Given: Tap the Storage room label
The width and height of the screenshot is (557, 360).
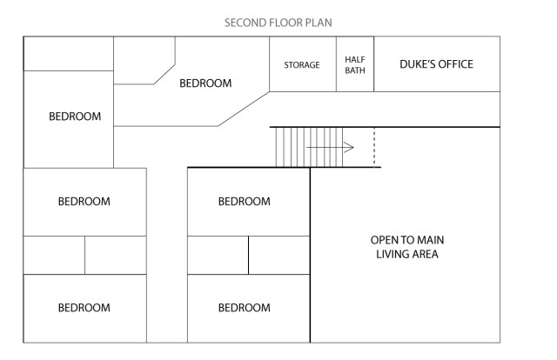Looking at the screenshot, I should (x=302, y=65).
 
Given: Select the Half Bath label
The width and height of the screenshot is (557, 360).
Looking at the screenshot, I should (x=354, y=65).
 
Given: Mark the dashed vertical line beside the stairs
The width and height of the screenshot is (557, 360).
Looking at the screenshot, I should (x=374, y=146).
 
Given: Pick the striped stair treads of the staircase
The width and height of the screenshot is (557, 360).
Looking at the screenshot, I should (x=292, y=146).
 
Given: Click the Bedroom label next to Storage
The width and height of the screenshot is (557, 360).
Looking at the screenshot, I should (x=205, y=83).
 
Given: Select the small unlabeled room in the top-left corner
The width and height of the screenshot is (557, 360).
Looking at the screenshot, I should (x=68, y=54).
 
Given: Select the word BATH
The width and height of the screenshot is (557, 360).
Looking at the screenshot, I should (x=354, y=71).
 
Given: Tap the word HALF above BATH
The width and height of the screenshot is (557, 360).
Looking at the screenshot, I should (x=354, y=59).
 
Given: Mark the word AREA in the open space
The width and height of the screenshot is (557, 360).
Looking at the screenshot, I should (x=426, y=255).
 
